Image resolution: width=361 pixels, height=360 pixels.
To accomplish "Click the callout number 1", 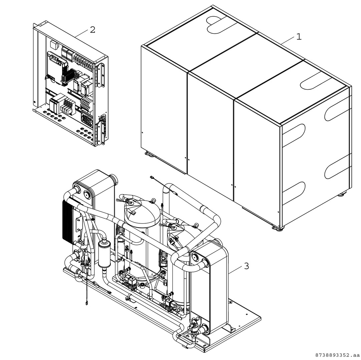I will pyautogui.click(x=299, y=37).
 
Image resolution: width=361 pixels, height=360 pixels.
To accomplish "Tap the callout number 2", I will pyautogui.click(x=92, y=30).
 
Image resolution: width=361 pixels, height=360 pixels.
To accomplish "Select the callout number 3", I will pyautogui.click(x=246, y=266).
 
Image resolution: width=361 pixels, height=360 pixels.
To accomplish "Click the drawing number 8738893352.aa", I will pyautogui.click(x=337, y=355).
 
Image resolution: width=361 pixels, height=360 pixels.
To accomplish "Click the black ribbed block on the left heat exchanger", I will pyautogui.click(x=68, y=220).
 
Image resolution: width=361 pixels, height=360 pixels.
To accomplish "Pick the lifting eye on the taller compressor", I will pyautogui.click(x=153, y=201).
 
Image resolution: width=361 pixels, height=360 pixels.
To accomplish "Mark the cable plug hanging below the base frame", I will pyautogui.click(x=87, y=303).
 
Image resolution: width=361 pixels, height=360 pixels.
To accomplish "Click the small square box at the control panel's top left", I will pyautogui.click(x=54, y=45).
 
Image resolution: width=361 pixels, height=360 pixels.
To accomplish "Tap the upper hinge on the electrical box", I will pyautogui.click(x=101, y=75).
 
